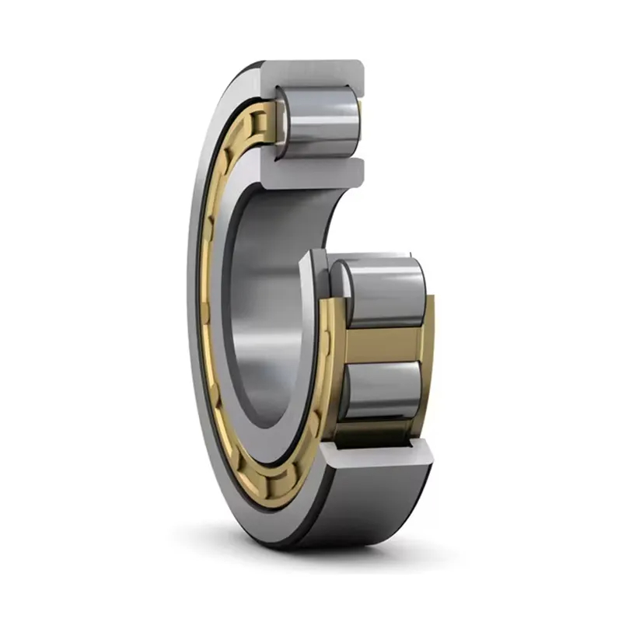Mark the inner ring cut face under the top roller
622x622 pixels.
(311, 173)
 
